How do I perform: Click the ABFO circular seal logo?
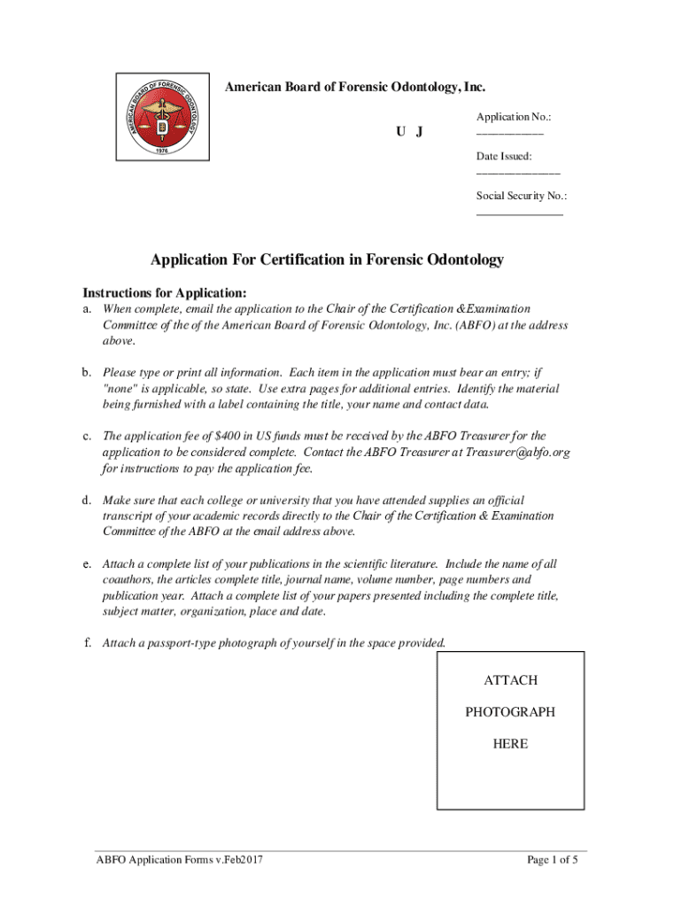pos(164,116)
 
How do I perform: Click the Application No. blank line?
pos(509,135)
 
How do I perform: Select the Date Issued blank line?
pos(518,174)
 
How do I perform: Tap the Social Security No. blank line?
pos(519,213)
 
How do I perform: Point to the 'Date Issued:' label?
pos(504,156)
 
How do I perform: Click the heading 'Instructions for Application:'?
pos(164,292)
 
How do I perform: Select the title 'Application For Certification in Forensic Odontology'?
pos(327,260)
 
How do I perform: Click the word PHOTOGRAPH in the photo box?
pos(510,712)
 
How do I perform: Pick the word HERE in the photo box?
pos(510,744)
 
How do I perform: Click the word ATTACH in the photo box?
pos(510,680)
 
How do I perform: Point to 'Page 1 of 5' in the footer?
pos(552,859)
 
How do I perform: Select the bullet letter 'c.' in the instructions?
pos(89,436)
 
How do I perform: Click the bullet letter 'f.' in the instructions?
pos(88,642)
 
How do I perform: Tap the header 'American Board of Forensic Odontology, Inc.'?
pos(354,87)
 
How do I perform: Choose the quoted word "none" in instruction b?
pos(121,388)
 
